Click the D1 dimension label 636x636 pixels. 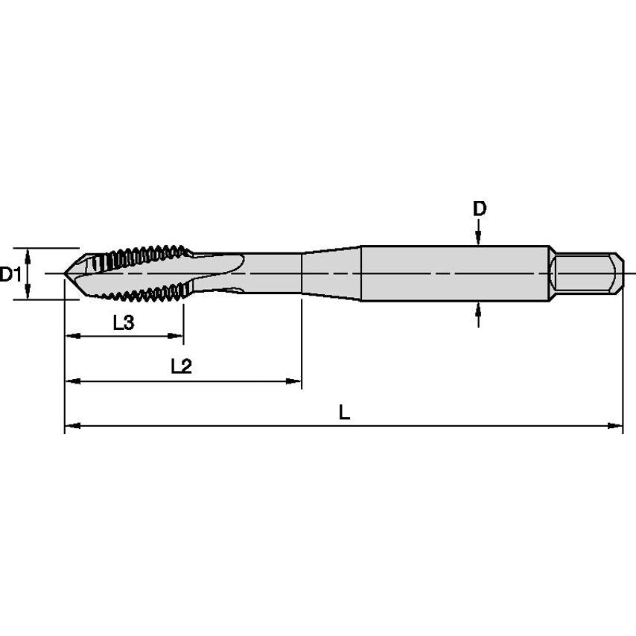click(x=10, y=275)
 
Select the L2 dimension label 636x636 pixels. click(x=181, y=366)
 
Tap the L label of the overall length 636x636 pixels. click(x=344, y=412)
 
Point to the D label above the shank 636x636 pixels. click(x=480, y=209)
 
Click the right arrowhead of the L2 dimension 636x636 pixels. click(x=295, y=381)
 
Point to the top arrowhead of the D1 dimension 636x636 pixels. click(x=28, y=254)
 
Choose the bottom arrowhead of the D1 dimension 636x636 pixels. click(x=28, y=293)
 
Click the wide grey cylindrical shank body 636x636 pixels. click(x=454, y=273)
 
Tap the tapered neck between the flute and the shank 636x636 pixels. click(x=331, y=273)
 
